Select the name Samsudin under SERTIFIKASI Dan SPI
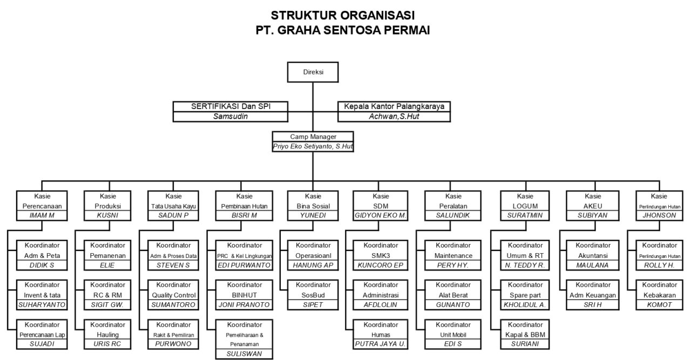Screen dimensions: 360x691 229,116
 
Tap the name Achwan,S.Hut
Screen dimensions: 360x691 394,116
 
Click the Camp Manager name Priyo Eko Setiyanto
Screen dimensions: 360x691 314,146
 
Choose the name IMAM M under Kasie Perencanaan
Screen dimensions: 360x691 42,215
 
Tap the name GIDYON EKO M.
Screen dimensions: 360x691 381,215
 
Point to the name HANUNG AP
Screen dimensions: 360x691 313,265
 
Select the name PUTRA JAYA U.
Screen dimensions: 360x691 381,344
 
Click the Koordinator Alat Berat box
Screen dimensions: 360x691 453,290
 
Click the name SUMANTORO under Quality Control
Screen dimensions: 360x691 173,305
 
